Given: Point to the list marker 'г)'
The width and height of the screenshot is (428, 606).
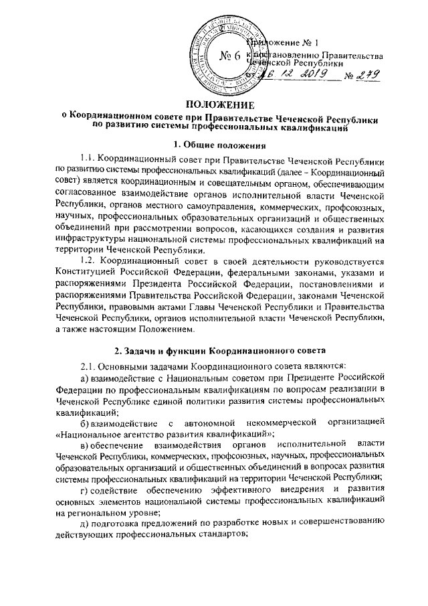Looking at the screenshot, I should click(83, 488).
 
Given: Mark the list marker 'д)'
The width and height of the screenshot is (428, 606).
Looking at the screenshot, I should click(83, 521).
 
